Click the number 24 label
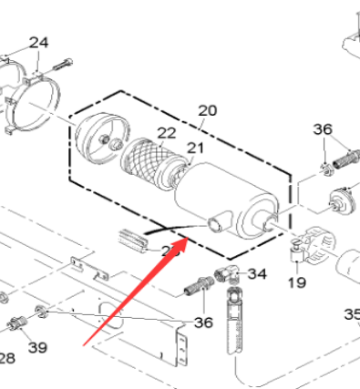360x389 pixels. point(38,43)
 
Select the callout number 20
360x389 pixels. point(208,110)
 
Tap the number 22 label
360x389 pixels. point(166,133)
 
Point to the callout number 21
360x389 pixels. point(195,148)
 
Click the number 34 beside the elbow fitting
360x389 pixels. point(257,273)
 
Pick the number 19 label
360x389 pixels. point(297,282)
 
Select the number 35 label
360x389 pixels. point(352,314)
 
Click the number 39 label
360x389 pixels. point(36,347)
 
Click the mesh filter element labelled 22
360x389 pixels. point(146,164)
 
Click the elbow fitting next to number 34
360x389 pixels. point(228,274)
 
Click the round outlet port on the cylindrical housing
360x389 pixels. point(217,225)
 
